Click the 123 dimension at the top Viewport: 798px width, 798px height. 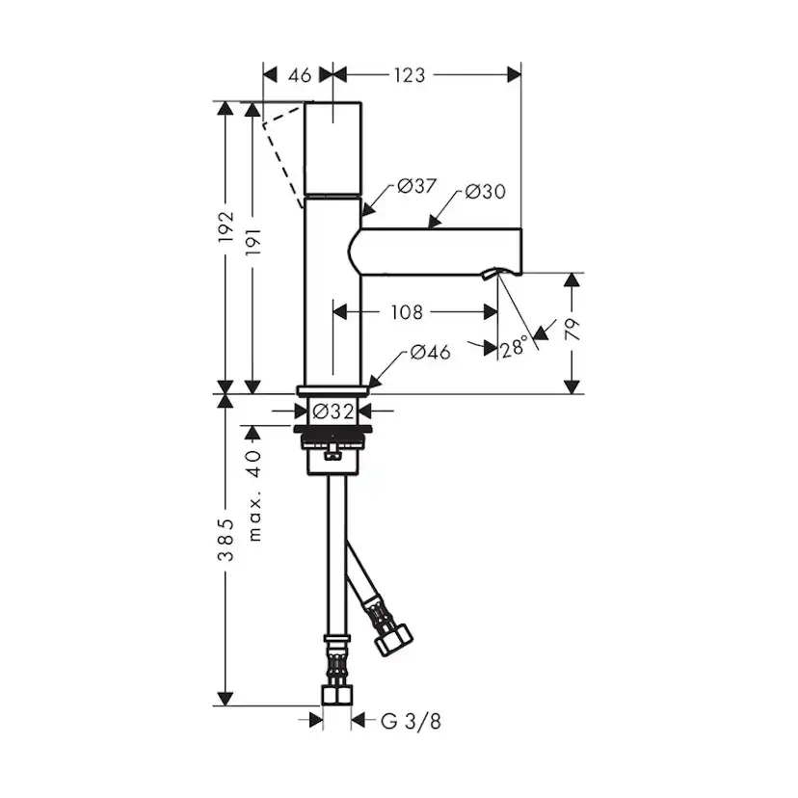click(x=410, y=75)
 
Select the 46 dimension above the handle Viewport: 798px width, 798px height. click(x=299, y=75)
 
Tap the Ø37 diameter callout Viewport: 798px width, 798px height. click(x=416, y=186)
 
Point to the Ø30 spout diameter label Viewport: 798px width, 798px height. click(x=486, y=192)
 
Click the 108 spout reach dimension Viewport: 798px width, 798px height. click(x=407, y=312)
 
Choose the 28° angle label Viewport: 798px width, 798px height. click(x=513, y=348)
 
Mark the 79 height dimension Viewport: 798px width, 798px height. click(x=572, y=330)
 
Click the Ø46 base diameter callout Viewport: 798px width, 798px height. click(x=431, y=352)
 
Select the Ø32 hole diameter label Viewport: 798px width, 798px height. click(x=332, y=411)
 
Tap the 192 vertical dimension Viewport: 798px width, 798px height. click(x=226, y=226)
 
